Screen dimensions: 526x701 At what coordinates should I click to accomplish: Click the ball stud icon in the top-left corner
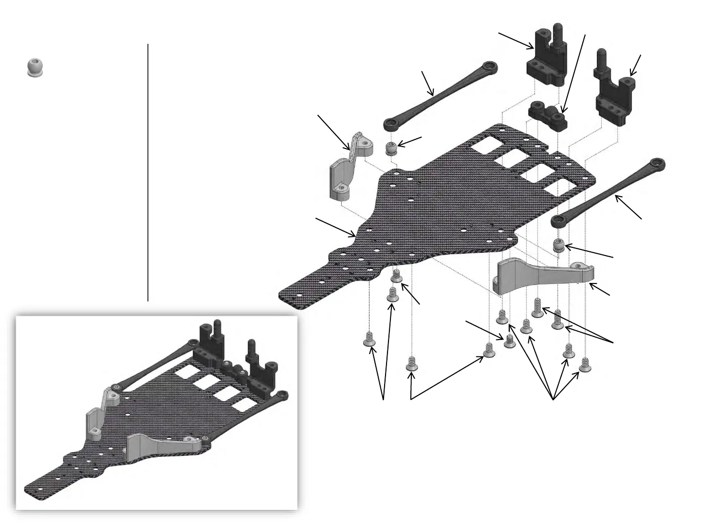pyautogui.click(x=34, y=67)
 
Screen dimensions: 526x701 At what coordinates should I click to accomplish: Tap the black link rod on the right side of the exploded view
pyautogui.click(x=608, y=191)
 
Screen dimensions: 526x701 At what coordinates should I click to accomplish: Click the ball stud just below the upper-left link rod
pyautogui.click(x=391, y=148)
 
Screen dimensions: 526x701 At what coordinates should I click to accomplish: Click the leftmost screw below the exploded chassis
pyautogui.click(x=370, y=339)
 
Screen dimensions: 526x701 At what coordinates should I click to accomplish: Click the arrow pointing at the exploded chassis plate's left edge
pyautogui.click(x=336, y=227)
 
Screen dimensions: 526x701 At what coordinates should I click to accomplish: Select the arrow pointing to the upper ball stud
pyautogui.click(x=409, y=142)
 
